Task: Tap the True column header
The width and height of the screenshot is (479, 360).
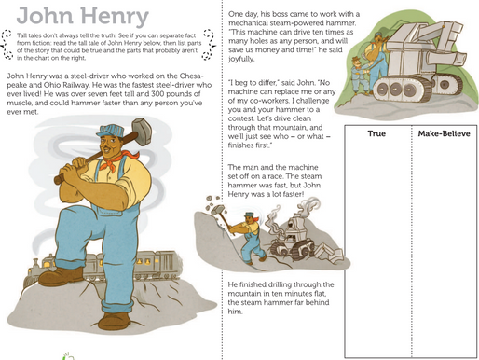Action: coord(376,133)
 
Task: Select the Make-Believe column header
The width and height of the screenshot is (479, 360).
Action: coord(444,133)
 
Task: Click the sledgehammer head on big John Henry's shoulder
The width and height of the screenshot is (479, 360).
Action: coord(142,132)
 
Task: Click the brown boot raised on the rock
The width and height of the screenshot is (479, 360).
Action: coord(61,276)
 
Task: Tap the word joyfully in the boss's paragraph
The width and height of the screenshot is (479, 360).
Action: coord(240,59)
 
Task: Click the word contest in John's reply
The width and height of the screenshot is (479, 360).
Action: coord(239,118)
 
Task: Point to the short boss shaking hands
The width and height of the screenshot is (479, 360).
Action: coord(360,76)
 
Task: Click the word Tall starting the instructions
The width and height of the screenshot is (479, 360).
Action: coord(21,35)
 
